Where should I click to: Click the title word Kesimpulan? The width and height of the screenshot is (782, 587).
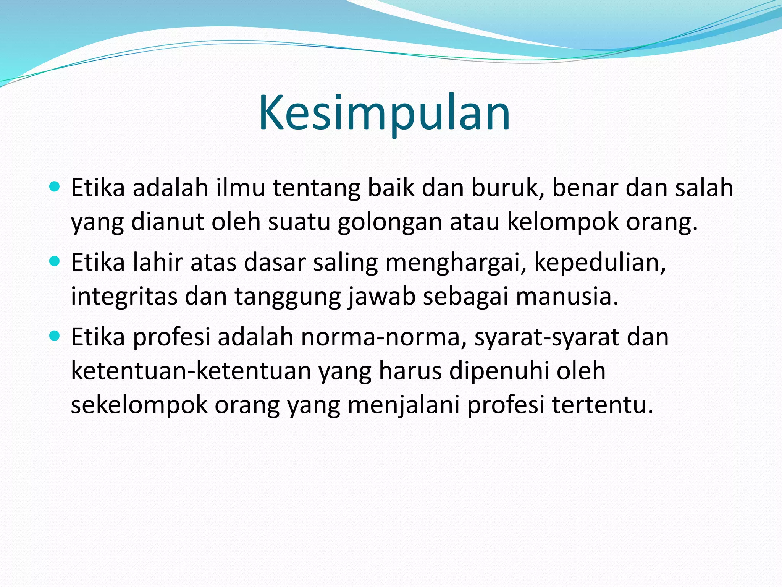coord(384,114)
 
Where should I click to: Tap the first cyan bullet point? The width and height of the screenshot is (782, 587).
coord(55,187)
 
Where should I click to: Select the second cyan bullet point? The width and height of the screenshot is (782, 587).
coord(55,261)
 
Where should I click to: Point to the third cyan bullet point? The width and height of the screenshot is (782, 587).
coord(55,336)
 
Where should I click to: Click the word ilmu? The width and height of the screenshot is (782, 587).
coord(240,188)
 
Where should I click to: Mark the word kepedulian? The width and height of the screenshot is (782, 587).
coord(599,263)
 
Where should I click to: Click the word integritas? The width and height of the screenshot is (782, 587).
coord(124,297)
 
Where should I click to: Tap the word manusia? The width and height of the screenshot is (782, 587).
coord(567,297)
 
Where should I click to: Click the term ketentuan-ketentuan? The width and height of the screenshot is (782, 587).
coord(191,371)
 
